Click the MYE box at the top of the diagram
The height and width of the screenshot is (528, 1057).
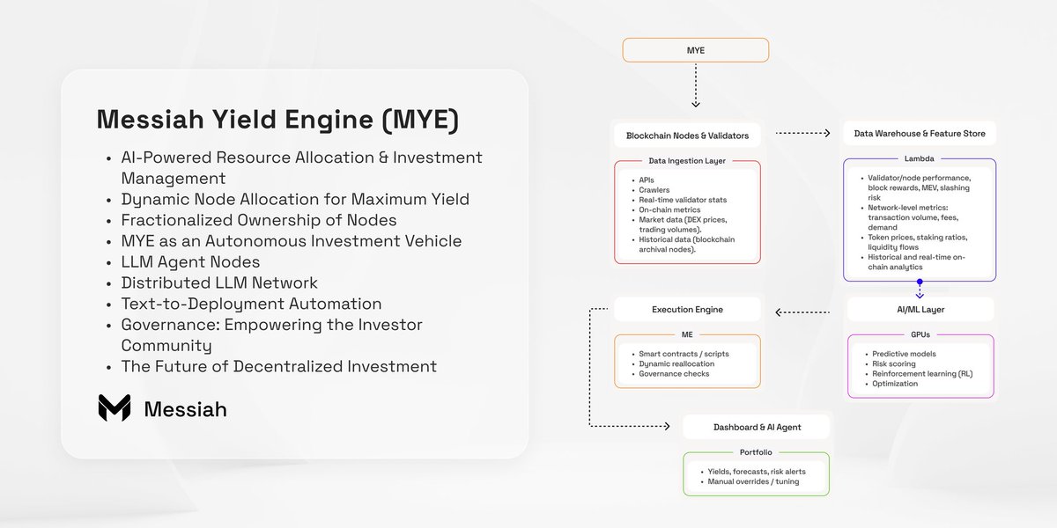pyautogui.click(x=696, y=50)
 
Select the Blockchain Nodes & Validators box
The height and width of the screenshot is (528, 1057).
pyautogui.click(x=687, y=136)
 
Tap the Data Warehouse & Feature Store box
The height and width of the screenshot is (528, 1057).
pyautogui.click(x=920, y=134)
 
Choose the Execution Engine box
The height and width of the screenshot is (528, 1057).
pyautogui.click(x=687, y=309)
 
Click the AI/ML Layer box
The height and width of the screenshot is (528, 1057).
pyautogui.click(x=920, y=309)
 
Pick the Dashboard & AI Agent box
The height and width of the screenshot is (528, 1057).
pyautogui.click(x=757, y=427)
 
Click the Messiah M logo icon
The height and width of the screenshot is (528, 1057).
pyautogui.click(x=115, y=407)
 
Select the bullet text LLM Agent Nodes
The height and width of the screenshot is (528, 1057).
pyautogui.click(x=190, y=261)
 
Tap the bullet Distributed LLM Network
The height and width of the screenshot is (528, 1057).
pyautogui.click(x=219, y=282)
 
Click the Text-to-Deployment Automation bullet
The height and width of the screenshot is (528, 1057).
pyautogui.click(x=251, y=304)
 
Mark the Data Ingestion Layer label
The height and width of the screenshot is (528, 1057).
pyautogui.click(x=686, y=161)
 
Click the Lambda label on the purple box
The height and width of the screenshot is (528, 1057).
pyautogui.click(x=919, y=158)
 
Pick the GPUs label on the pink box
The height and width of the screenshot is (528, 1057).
pyautogui.click(x=920, y=334)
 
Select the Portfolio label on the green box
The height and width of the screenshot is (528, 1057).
pyautogui.click(x=756, y=452)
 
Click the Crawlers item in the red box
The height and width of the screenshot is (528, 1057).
pyautogui.click(x=654, y=190)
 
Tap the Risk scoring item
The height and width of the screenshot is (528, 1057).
pyautogui.click(x=894, y=364)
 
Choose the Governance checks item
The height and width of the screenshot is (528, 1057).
pyautogui.click(x=674, y=374)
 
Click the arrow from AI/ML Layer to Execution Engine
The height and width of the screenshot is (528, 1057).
pyautogui.click(x=802, y=312)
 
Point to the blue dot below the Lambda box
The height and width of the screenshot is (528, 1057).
pyautogui.click(x=920, y=282)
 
